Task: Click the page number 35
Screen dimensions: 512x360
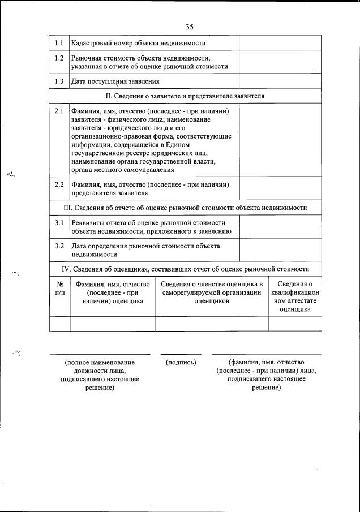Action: pyautogui.click(x=189, y=26)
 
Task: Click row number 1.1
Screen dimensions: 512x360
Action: pyautogui.click(x=59, y=43)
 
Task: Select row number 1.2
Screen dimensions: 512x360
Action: pyautogui.click(x=59, y=58)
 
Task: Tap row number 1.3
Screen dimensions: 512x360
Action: pyautogui.click(x=59, y=81)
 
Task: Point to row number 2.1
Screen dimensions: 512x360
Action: pyautogui.click(x=59, y=111)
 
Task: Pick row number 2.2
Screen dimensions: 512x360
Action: pyautogui.click(x=59, y=184)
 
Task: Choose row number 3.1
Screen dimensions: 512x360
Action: pyautogui.click(x=59, y=222)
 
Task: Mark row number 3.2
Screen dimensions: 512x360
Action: pyautogui.click(x=59, y=246)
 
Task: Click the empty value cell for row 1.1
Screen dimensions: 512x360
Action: pyautogui.click(x=280, y=43)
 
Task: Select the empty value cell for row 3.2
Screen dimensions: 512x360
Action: pyautogui.click(x=280, y=250)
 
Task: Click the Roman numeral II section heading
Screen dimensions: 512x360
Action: pyautogui.click(x=186, y=96)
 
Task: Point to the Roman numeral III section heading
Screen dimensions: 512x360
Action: pyautogui.click(x=186, y=208)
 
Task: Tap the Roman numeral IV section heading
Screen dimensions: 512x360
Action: pyautogui.click(x=186, y=269)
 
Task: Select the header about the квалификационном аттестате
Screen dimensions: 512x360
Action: pyautogui.click(x=295, y=296)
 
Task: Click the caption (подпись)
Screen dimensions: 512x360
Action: pyautogui.click(x=181, y=362)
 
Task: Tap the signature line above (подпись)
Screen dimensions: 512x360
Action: pyautogui.click(x=181, y=354)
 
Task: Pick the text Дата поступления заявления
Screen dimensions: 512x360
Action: pyautogui.click(x=111, y=81)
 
